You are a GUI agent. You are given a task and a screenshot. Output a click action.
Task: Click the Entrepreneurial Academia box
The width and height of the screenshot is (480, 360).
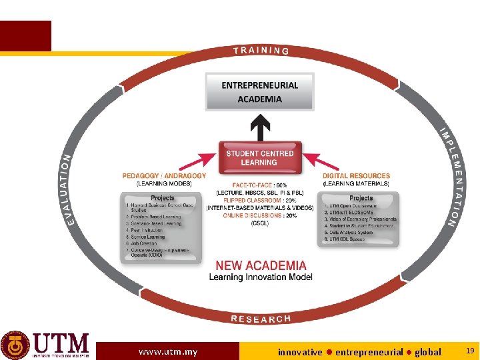pyautogui.click(x=259, y=92)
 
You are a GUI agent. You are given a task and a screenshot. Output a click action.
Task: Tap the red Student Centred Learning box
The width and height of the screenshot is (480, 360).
pyautogui.click(x=259, y=158)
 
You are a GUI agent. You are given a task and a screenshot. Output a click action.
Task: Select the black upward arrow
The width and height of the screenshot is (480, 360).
pyautogui.click(x=259, y=125)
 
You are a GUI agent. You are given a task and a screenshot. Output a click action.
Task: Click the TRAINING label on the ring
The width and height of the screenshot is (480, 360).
pyautogui.click(x=261, y=51)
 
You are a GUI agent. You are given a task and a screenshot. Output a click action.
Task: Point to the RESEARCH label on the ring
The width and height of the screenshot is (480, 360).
pyautogui.click(x=261, y=319)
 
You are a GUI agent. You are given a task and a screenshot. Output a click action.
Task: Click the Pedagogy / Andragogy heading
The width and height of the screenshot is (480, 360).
pyautogui.click(x=164, y=176)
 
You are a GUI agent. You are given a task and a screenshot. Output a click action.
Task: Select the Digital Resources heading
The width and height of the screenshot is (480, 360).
pyautogui.click(x=356, y=176)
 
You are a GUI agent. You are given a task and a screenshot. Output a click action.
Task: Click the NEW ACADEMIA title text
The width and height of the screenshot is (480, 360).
pyautogui.click(x=261, y=265)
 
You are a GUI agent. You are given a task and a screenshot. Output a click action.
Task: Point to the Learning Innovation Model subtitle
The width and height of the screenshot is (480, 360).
pyautogui.click(x=261, y=277)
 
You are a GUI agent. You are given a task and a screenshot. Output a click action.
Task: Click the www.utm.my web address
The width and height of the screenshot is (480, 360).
pyautogui.click(x=168, y=351)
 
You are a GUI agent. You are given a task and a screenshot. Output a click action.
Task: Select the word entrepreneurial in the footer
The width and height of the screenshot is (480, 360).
pyautogui.click(x=369, y=351)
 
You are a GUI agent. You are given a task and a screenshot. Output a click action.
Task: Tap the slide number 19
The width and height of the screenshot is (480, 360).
pyautogui.click(x=469, y=351)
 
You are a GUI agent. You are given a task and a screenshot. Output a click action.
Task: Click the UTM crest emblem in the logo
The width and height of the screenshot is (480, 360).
pyautogui.click(x=15, y=345)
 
